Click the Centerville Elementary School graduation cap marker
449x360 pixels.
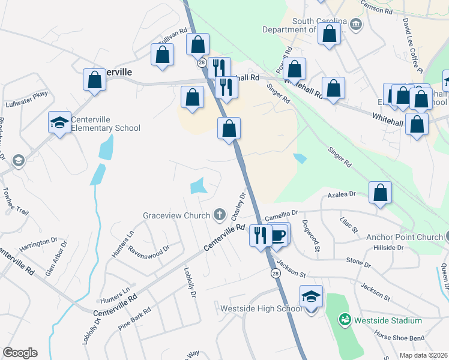click(x=59, y=123)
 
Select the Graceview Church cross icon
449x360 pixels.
click(x=220, y=215)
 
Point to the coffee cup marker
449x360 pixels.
click(x=277, y=234)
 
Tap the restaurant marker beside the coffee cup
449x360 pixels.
click(x=261, y=234)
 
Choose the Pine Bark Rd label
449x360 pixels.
click(x=134, y=316)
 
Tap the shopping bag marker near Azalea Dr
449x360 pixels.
click(x=380, y=193)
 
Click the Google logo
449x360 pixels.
click(x=20, y=353)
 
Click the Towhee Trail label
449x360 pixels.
click(x=15, y=202)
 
